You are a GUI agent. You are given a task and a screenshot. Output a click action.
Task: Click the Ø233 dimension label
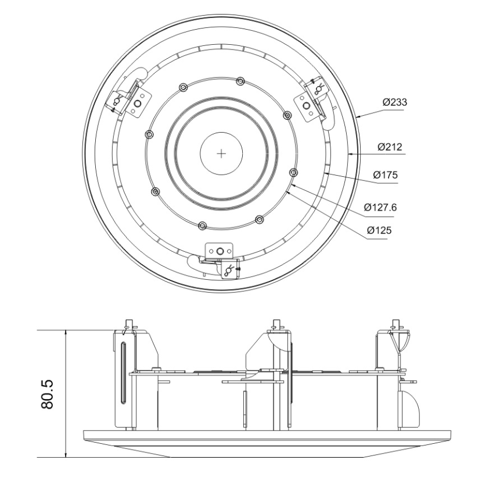click(394, 102)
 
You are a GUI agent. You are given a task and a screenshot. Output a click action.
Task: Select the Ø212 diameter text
click(390, 147)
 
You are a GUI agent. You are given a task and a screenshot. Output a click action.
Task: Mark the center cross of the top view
click(221, 153)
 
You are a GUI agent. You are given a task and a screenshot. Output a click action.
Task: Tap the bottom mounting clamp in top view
click(220, 256)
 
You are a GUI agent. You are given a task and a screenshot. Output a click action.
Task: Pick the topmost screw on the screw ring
click(240, 80)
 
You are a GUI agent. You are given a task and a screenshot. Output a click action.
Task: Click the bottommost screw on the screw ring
click(202, 225)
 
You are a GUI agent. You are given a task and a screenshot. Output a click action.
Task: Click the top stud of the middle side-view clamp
click(277, 323)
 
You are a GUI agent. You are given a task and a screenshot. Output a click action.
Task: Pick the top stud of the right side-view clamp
click(396, 323)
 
